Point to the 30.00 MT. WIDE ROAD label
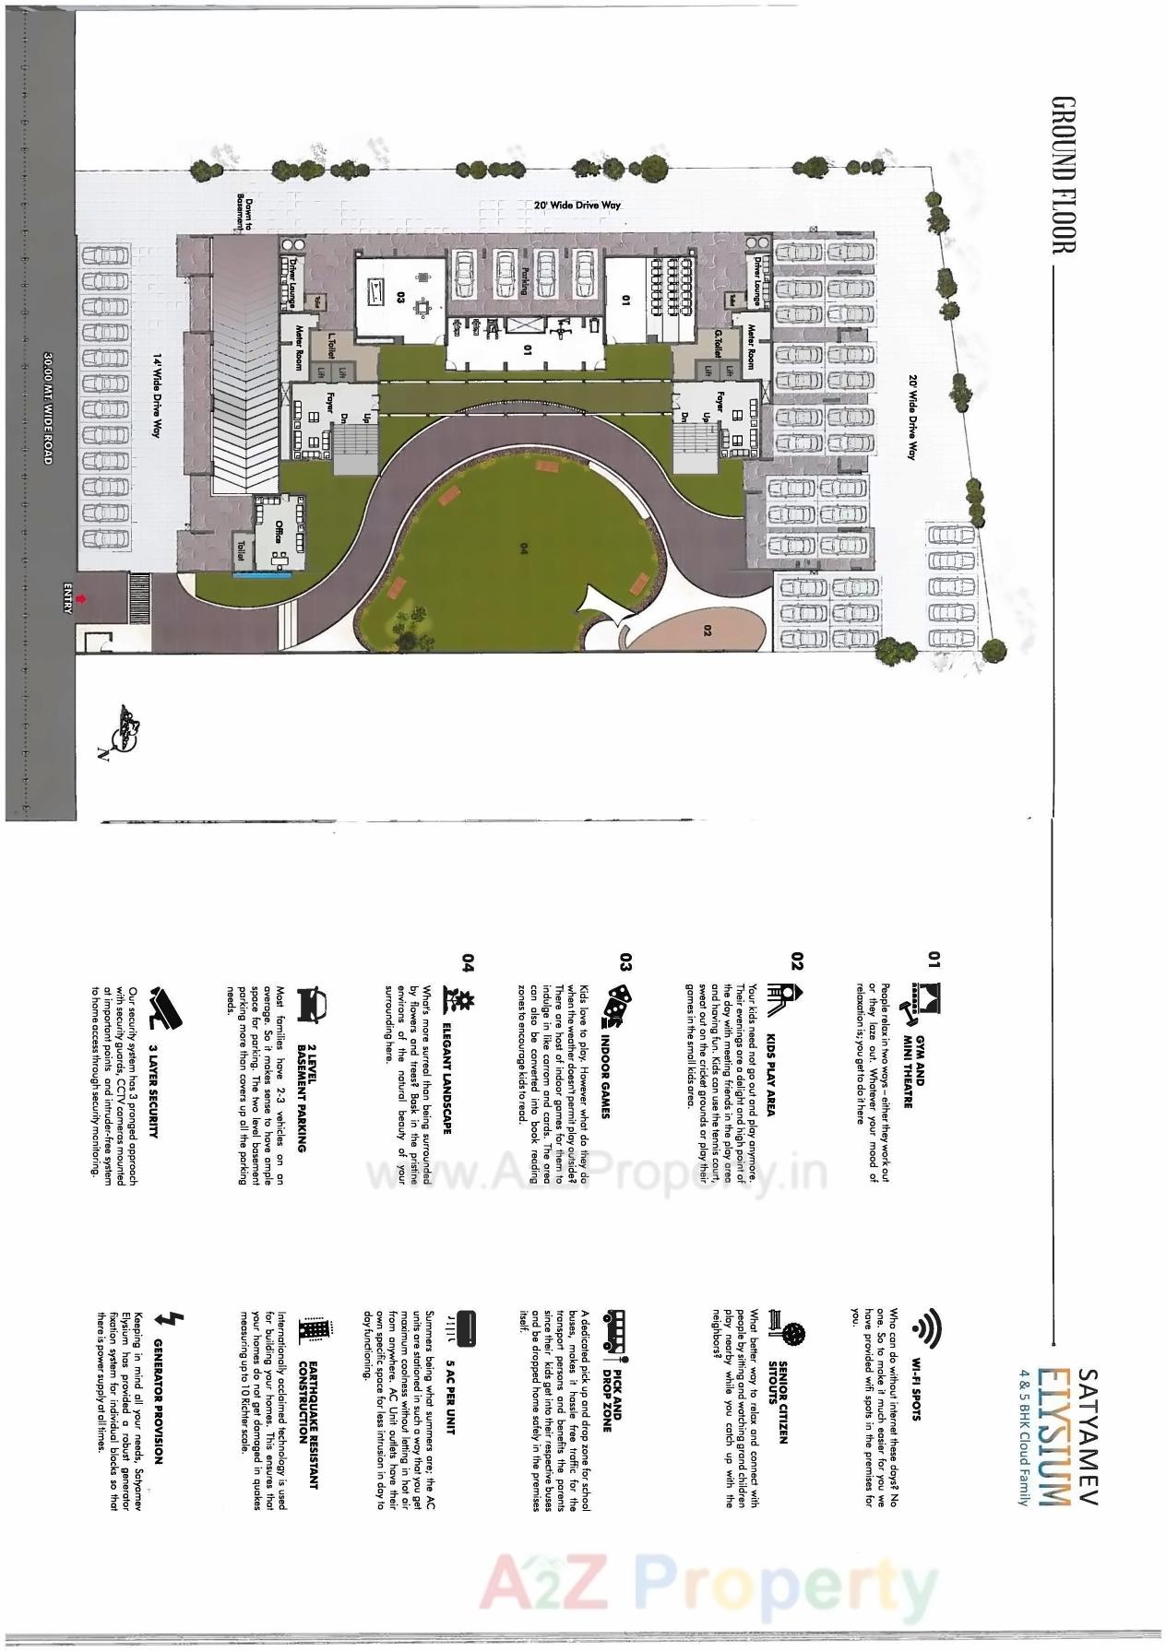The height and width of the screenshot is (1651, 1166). point(48,406)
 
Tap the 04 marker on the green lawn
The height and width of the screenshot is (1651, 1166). point(523,548)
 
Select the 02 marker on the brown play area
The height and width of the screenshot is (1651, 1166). point(707,631)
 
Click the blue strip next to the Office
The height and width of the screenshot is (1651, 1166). point(263,574)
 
